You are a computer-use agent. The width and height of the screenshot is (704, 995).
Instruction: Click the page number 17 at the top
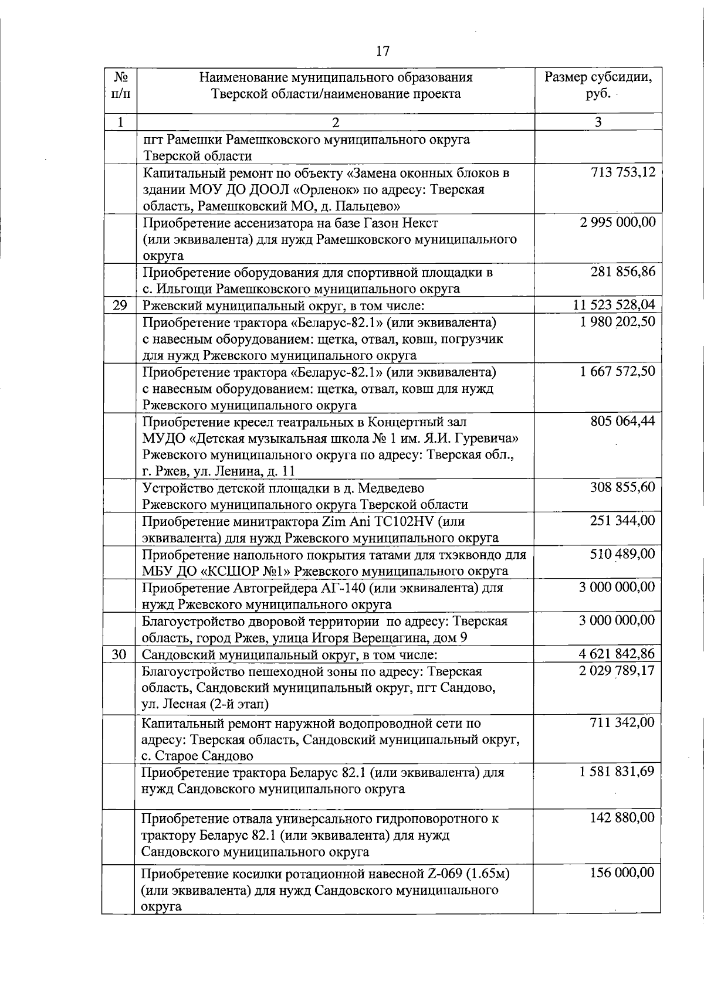382,51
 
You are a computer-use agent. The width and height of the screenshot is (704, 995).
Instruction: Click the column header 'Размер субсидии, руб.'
598,86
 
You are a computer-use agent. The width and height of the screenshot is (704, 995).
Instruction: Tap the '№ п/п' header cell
120,86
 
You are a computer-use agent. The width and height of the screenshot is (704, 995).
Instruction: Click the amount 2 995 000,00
617,222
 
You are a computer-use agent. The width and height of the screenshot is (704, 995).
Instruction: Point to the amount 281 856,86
622,272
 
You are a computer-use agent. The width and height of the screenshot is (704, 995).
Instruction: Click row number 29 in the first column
120,305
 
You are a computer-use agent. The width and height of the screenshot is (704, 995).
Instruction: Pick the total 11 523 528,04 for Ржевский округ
614,305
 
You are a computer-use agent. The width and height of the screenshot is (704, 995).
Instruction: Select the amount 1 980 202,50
617,322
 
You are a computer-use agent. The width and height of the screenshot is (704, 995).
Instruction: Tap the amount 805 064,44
622,422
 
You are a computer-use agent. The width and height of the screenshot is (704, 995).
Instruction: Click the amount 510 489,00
622,554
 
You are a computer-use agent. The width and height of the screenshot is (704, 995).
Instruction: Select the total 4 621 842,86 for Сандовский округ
617,654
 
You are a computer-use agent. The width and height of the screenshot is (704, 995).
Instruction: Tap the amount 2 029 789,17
617,671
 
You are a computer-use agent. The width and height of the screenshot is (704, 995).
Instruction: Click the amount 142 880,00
622,817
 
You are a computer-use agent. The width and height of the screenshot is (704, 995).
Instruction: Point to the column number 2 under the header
335,122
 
